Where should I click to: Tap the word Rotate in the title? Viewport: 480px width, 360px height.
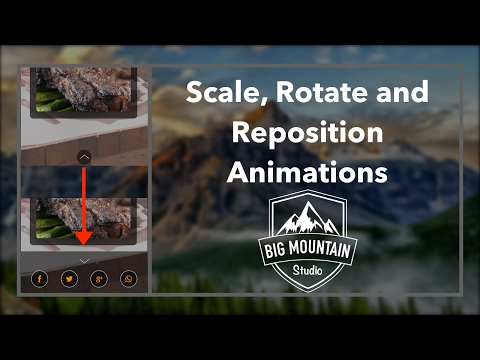(x=313, y=94)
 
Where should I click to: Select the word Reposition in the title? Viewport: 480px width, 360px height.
(x=307, y=133)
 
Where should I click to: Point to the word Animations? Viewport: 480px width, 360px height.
(x=307, y=171)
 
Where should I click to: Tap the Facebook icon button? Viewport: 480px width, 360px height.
(x=39, y=279)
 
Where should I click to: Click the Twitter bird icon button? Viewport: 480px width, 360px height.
(x=69, y=279)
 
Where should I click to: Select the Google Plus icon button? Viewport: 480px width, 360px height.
(x=98, y=279)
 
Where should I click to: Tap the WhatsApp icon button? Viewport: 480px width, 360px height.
(x=128, y=279)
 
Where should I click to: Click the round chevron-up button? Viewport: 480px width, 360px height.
(x=84, y=156)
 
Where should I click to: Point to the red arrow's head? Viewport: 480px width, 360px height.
(x=84, y=241)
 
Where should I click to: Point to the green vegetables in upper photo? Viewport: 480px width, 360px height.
(x=50, y=99)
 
